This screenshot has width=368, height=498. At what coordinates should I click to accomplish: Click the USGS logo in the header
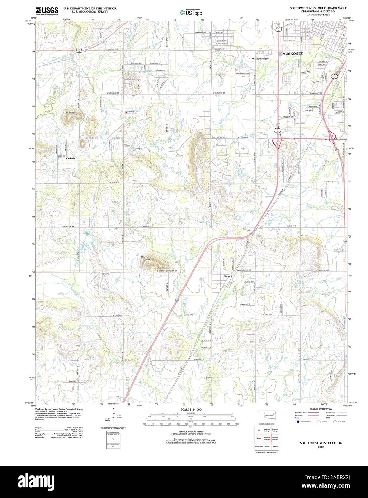(47, 11)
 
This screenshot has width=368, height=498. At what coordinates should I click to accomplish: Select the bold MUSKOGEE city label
(292, 53)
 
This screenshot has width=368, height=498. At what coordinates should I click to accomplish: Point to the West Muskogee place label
(260, 59)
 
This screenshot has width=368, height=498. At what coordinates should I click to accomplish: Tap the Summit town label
(228, 276)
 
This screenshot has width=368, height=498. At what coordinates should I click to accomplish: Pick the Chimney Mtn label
(145, 258)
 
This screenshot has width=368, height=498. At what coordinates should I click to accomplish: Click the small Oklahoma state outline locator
(268, 415)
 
